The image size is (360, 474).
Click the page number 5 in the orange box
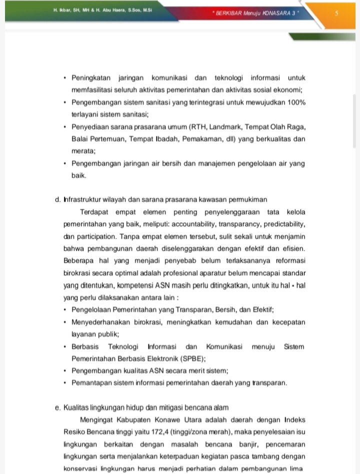point(336,13)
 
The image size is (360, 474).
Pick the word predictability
point(283,224)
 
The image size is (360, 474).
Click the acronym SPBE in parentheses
point(189,358)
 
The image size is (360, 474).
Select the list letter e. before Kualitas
point(58,408)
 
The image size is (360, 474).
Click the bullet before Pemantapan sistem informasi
point(66,383)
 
